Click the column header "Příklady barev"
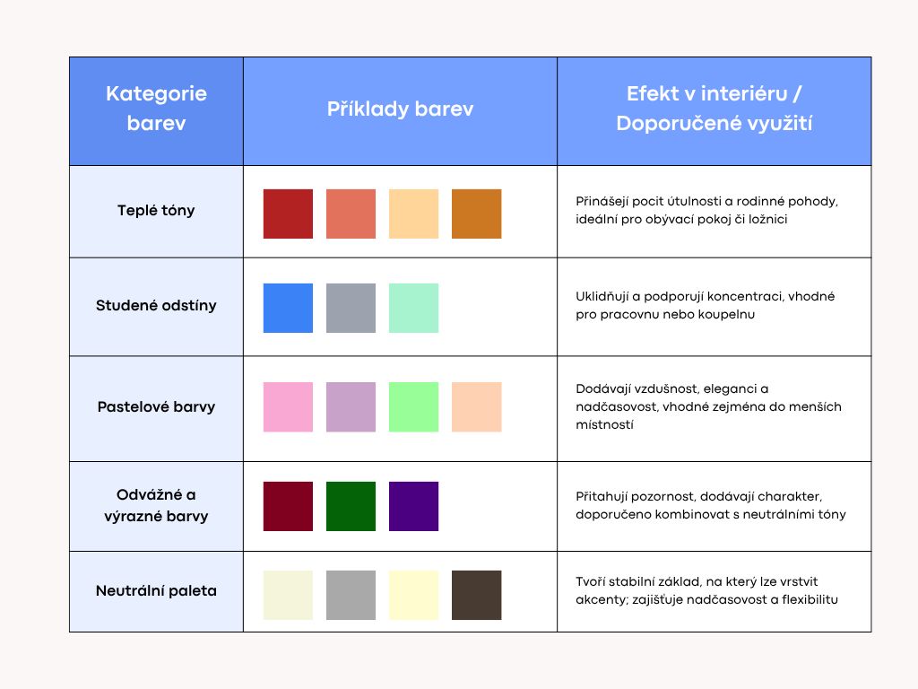400,109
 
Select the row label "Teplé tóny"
156,210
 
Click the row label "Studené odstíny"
156,305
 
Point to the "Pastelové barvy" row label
156,406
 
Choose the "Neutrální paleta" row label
156,590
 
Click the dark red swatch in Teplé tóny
288,214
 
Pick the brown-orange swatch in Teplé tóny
477,214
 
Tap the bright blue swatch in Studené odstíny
288,309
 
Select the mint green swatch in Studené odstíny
413,309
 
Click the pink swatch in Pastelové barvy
288,407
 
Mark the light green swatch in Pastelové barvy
413,407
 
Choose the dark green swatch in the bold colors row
351,506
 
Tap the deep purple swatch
413,506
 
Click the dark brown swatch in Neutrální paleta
477,596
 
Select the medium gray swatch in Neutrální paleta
351,596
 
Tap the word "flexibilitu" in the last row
810,599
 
